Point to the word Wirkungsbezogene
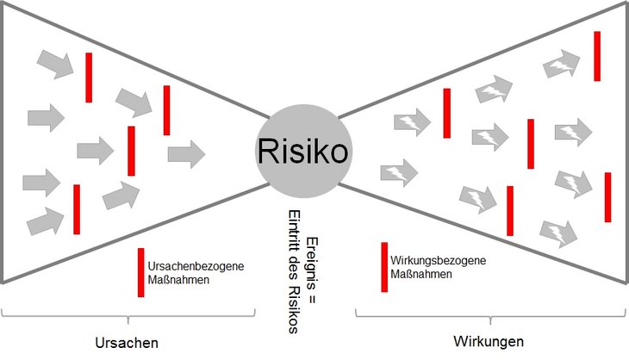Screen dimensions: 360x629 (x=438, y=261)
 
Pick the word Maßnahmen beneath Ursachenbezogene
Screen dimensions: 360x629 (x=178, y=280)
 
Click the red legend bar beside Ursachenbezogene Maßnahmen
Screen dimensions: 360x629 (x=140, y=272)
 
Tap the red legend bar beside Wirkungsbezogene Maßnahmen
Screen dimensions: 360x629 (x=384, y=267)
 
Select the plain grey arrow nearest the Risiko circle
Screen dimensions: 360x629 (x=186, y=154)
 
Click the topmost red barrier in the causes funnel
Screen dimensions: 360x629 (x=88, y=78)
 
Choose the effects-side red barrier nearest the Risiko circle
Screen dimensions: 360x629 (x=446, y=113)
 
